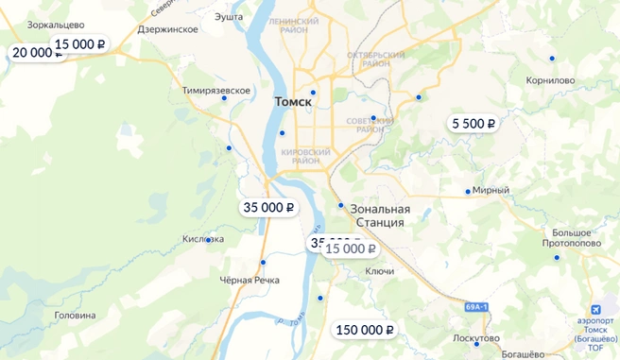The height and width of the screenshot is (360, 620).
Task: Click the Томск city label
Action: pyautogui.click(x=292, y=101)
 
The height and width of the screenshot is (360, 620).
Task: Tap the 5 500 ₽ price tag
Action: pyautogui.click(x=474, y=123)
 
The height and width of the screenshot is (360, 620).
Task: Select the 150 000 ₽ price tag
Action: pyautogui.click(x=364, y=330)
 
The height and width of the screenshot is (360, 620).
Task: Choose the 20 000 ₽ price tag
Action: pyautogui.click(x=34, y=53)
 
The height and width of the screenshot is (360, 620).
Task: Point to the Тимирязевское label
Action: pyautogui.click(x=215, y=90)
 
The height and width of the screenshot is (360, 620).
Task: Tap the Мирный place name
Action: pyautogui.click(x=491, y=190)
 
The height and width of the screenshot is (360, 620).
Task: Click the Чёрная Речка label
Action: pyautogui.click(x=250, y=281)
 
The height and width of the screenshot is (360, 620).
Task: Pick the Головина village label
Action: pyautogui.click(x=75, y=315)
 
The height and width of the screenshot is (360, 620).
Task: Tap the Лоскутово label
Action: pyautogui.click(x=475, y=337)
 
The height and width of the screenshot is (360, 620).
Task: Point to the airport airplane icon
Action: pyautogui.click(x=595, y=311)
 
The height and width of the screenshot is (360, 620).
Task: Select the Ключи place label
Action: pyautogui.click(x=379, y=271)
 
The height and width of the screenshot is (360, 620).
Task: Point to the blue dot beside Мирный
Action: pyautogui.click(x=467, y=192)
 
